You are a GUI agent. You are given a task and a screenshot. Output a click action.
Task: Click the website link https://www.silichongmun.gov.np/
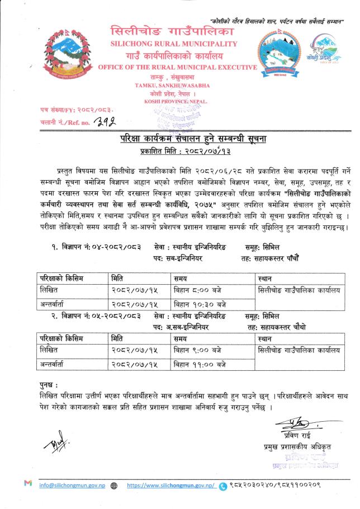(170, 486)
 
